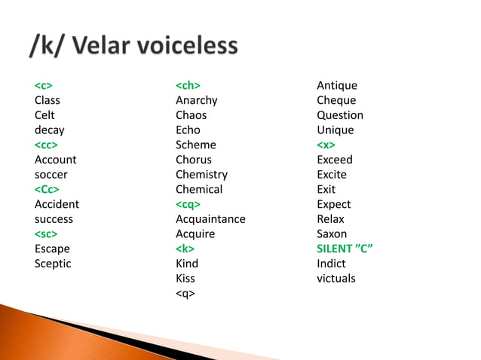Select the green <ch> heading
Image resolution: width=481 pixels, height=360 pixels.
pyautogui.click(x=188, y=85)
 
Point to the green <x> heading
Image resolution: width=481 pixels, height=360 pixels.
pyautogui.click(x=326, y=145)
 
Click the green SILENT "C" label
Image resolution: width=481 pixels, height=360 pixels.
pyautogui.click(x=345, y=249)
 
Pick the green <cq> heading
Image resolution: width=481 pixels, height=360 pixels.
pyautogui.click(x=188, y=204)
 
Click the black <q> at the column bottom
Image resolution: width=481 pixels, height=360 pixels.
pyautogui.click(x=185, y=294)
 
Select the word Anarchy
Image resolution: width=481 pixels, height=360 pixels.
pyautogui.click(x=196, y=100)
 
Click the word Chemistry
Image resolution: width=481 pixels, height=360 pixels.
pyautogui.click(x=201, y=175)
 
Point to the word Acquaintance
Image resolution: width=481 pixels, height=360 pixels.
pyautogui.click(x=210, y=219)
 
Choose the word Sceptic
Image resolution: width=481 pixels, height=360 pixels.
pyautogui.click(x=53, y=264)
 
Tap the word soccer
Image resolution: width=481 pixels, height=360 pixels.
pyautogui.click(x=51, y=175)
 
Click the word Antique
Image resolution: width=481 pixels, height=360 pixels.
pyautogui.click(x=337, y=85)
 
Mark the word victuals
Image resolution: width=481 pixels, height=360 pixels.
pyautogui.click(x=336, y=279)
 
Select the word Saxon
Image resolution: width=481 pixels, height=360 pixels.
pyautogui.click(x=332, y=234)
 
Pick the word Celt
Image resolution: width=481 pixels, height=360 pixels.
pyautogui.click(x=44, y=115)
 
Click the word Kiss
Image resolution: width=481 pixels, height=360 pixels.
pyautogui.click(x=185, y=279)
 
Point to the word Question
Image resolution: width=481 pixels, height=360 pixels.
pyautogui.click(x=340, y=115)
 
